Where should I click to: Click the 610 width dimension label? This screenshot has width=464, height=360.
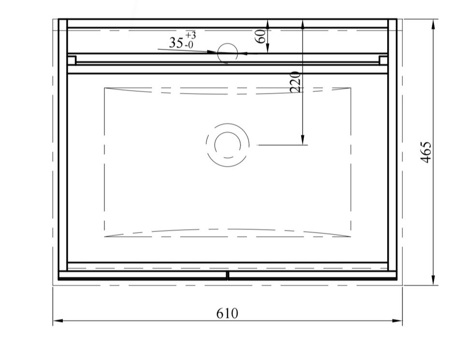[x=227, y=313]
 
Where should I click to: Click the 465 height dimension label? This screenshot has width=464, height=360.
[x=426, y=152]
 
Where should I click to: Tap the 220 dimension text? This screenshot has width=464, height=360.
[x=295, y=82]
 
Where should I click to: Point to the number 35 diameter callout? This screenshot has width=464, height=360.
[x=176, y=43]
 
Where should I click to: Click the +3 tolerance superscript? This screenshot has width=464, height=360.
[x=190, y=35]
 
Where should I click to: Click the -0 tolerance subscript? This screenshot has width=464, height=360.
[x=189, y=45]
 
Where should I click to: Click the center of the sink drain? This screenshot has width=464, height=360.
[x=228, y=144]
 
